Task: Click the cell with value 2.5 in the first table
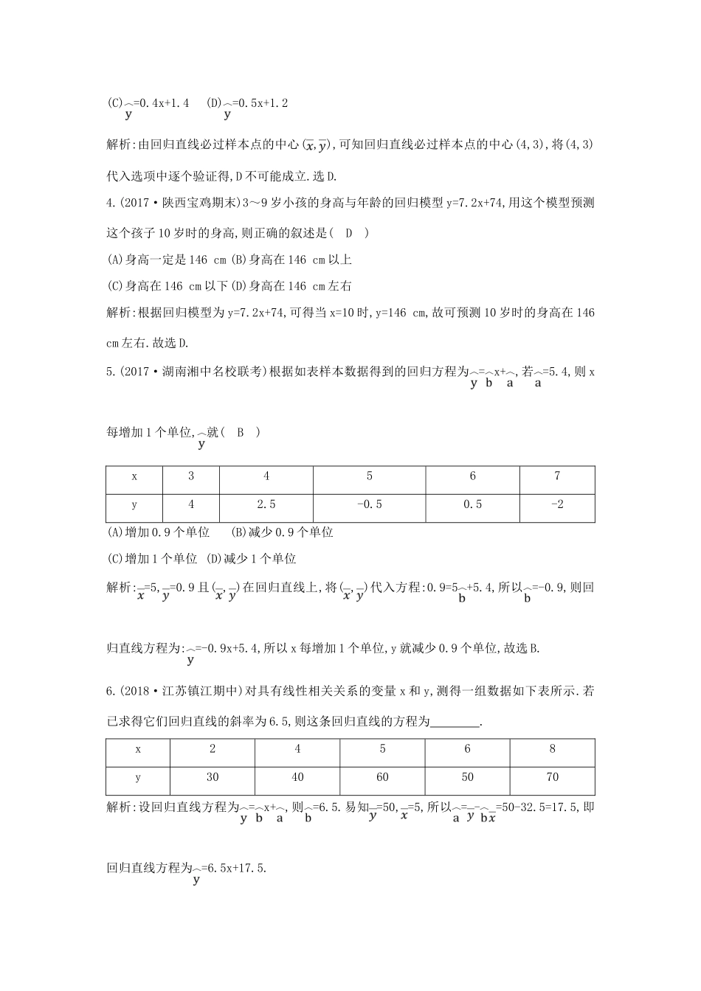point(266,505)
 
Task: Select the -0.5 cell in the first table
point(369,505)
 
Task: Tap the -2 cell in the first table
point(557,505)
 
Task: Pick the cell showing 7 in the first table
point(557,476)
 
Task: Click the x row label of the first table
point(134,476)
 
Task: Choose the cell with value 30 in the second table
point(213,777)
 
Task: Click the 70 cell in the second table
point(553,777)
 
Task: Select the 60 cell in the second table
point(382,777)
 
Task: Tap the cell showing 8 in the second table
point(553,749)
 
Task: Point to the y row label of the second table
point(138,777)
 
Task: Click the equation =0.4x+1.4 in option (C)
point(156,103)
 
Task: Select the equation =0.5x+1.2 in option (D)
point(255,103)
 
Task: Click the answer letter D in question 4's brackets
point(349,233)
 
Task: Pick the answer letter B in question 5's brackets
point(240,433)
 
